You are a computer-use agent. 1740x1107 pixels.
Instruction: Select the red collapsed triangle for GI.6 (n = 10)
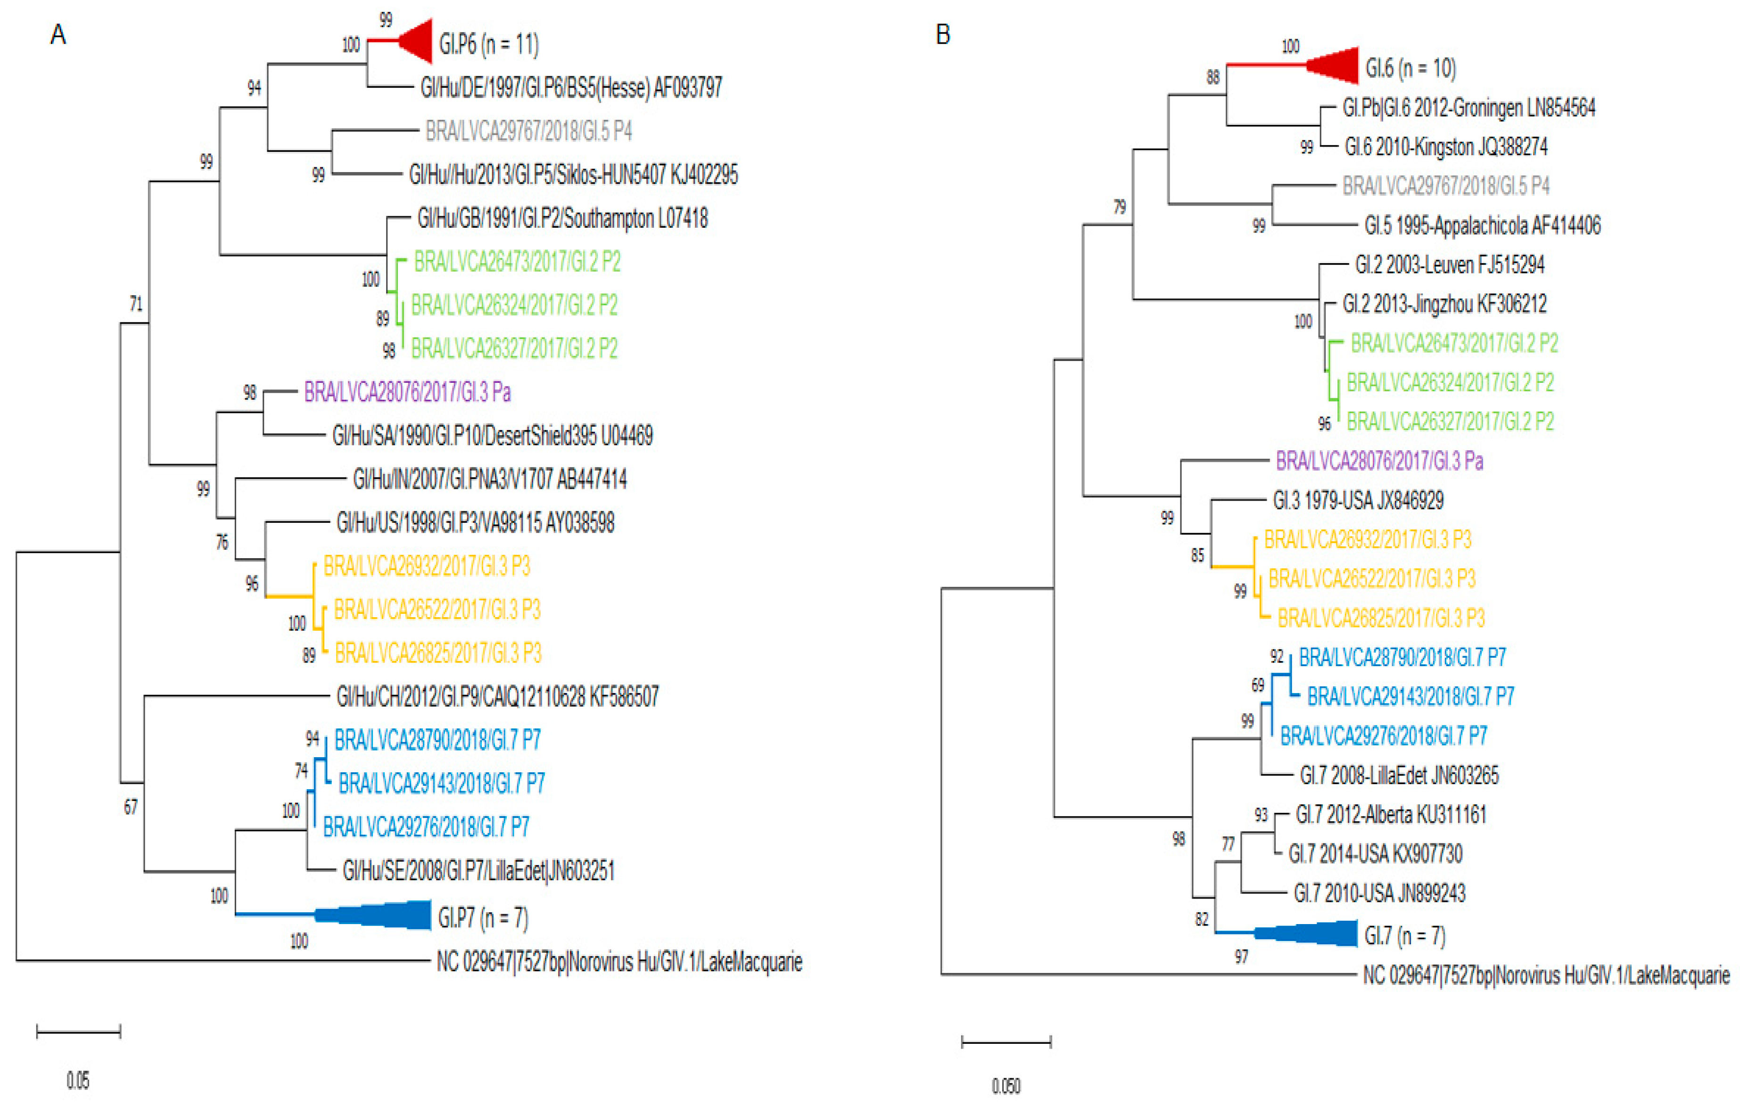click(1337, 66)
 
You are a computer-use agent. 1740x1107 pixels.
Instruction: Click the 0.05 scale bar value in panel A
click(78, 1080)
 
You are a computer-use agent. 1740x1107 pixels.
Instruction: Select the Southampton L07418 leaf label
click(562, 218)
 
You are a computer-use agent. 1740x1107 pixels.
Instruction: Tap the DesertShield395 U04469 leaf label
click(492, 435)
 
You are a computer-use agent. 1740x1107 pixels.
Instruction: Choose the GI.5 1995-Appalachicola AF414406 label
click(1482, 225)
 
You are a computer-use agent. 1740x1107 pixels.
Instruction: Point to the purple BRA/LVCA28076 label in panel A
click(408, 392)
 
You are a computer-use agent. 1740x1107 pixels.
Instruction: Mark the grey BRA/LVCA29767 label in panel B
click(1445, 186)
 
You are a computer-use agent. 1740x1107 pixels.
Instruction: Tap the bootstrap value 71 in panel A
click(136, 304)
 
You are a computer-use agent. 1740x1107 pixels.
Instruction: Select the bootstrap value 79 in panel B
click(1119, 207)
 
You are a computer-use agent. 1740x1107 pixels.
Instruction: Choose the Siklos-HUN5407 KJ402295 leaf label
click(573, 174)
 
